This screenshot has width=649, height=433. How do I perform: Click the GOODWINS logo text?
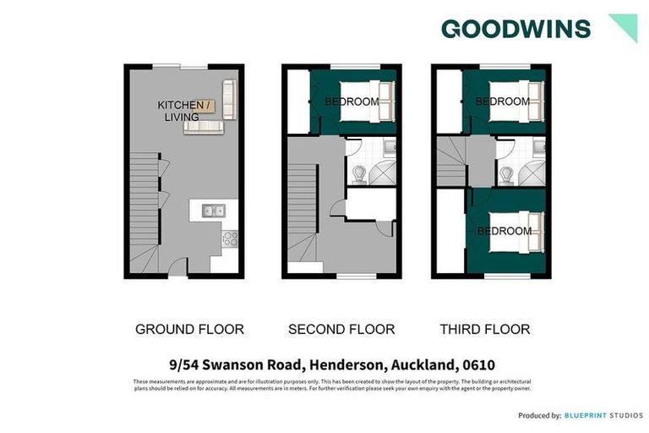click(515, 29)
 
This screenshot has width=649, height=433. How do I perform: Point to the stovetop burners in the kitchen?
click(228, 239)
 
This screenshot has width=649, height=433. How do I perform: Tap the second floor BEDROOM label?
click(352, 102)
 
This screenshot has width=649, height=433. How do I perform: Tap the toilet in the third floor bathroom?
click(508, 174)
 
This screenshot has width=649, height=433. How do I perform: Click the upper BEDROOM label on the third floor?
click(503, 101)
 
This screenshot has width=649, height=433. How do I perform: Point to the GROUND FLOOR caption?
click(189, 329)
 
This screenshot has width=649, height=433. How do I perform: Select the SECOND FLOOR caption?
click(341, 329)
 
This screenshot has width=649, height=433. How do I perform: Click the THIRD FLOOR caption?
click(484, 329)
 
